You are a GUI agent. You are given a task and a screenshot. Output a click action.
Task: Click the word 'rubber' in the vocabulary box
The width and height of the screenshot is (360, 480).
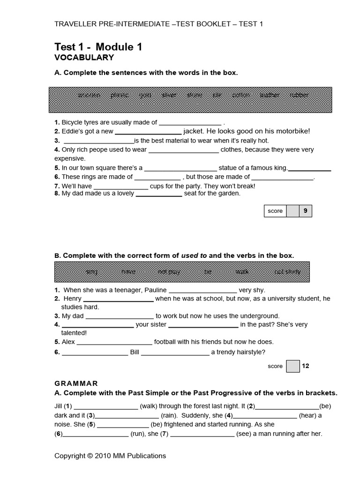[299, 95]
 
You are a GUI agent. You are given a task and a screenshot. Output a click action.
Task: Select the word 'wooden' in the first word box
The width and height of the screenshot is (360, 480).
[89, 95]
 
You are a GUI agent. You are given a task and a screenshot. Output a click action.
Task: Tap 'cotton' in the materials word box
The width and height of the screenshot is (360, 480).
[241, 95]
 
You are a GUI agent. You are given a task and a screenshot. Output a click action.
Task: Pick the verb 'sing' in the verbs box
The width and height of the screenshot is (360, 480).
[92, 271]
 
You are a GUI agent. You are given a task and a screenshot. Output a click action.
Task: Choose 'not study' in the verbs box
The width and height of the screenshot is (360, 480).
[287, 271]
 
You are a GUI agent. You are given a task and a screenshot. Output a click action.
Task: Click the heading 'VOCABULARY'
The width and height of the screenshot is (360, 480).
[84, 58]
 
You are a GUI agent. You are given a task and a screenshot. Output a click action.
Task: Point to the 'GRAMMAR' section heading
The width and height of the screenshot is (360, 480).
[76, 383]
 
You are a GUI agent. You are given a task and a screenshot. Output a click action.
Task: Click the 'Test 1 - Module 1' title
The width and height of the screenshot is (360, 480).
[98, 46]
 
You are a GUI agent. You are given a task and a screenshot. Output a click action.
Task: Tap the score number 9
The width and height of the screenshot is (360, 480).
[305, 211]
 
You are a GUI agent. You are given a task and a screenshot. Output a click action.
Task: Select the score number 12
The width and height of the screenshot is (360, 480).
[305, 366]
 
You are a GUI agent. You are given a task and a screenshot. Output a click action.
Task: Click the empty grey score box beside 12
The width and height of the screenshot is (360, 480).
[292, 366]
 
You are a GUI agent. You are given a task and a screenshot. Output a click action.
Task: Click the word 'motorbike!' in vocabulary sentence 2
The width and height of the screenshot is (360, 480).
[294, 131]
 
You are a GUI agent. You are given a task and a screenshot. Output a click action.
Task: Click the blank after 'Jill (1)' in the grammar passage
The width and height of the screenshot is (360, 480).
[106, 406]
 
